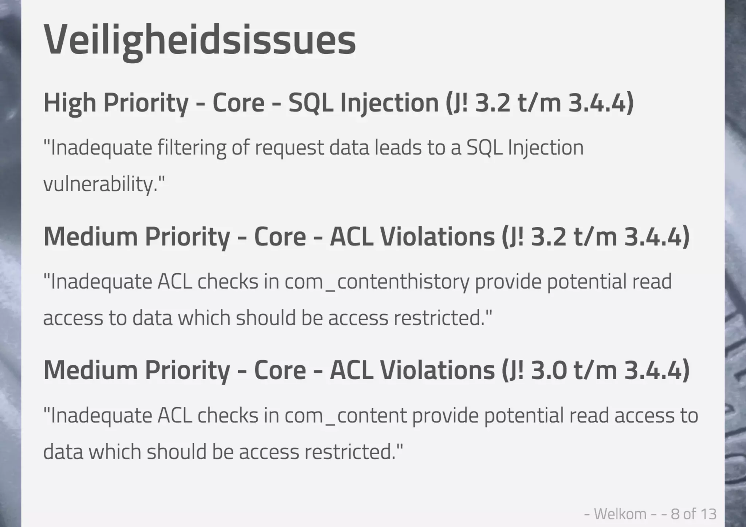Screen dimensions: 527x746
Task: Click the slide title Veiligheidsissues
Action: (200, 39)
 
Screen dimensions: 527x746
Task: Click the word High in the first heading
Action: (70, 103)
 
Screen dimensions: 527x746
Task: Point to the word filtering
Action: (192, 148)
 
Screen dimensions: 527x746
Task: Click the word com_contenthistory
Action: (377, 282)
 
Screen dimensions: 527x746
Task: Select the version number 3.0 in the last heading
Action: (549, 370)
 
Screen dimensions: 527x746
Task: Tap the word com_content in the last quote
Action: (345, 416)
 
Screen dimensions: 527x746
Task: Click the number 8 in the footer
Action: (675, 514)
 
